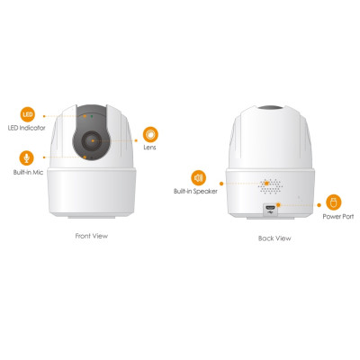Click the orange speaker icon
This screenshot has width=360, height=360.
[x=198, y=176]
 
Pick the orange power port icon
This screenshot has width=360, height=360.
[x=334, y=202]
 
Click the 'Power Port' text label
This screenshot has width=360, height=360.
[x=334, y=219]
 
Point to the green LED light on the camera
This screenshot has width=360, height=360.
[x=87, y=118]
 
